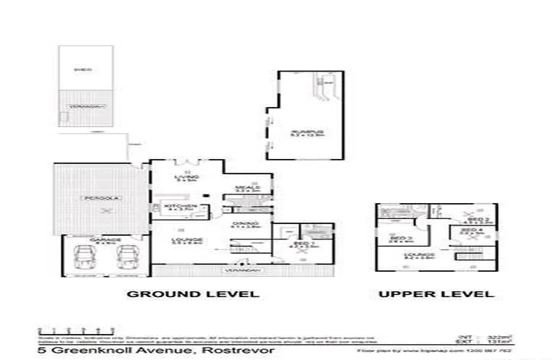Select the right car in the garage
[x=129, y=256]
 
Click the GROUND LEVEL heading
[x=192, y=293]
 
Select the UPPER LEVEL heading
[x=436, y=293]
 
